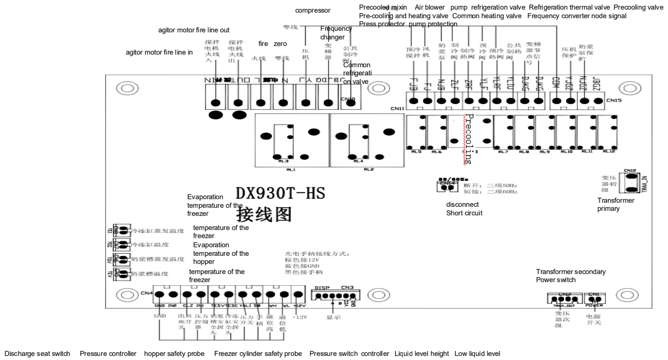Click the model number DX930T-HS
(x=280, y=193)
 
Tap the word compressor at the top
(x=313, y=10)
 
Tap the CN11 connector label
(x=397, y=107)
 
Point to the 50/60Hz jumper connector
(x=445, y=186)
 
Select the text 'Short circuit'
(x=464, y=213)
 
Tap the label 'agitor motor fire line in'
(x=159, y=52)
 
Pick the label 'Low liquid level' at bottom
(x=478, y=353)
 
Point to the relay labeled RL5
(x=416, y=134)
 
